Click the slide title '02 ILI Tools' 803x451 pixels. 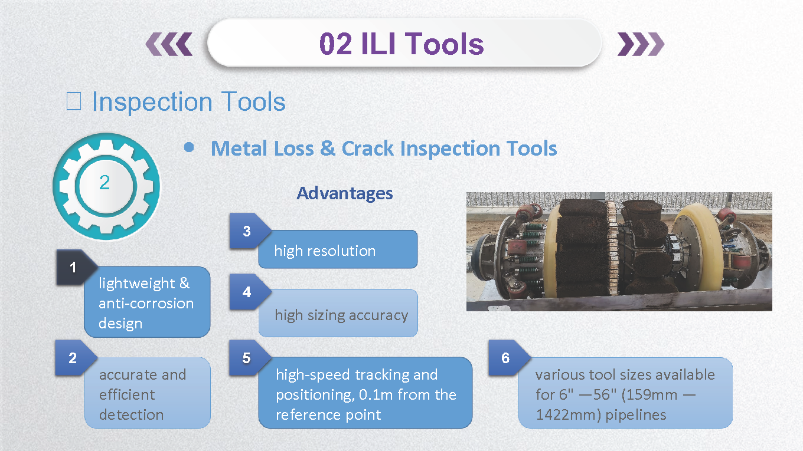coord(401,44)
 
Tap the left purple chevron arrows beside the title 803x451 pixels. coord(169,44)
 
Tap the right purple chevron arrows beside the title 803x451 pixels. coord(640,44)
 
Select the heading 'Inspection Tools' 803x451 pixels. coord(188,102)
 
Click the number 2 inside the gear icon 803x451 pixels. coord(105,183)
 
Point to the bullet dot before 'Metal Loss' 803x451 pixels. coord(188,147)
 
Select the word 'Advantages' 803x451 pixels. coord(345,193)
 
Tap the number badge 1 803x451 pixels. coord(73,268)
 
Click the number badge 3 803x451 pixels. coord(247,231)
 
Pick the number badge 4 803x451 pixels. coord(247,292)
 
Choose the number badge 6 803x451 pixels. coord(505,358)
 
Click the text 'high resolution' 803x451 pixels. coord(325,251)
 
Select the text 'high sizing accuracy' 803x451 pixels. coord(341,315)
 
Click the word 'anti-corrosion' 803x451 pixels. coord(146,304)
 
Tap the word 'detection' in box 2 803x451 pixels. coord(130,414)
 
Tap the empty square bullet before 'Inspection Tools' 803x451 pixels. coord(74,103)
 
